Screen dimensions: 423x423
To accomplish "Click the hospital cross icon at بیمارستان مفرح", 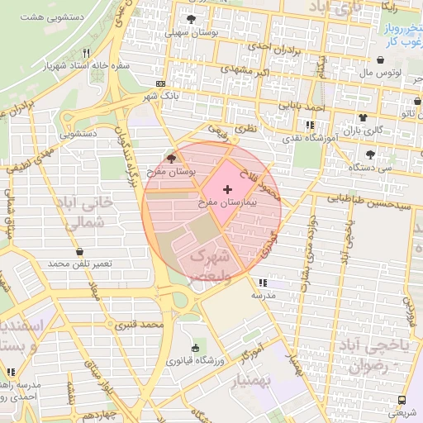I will (x=228, y=190).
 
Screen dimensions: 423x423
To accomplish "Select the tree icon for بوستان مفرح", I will (x=171, y=158).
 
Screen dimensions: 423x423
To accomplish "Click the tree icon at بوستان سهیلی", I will (x=192, y=19).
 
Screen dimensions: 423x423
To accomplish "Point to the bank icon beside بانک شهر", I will (x=159, y=84).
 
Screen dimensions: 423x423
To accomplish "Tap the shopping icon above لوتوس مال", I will (x=379, y=60).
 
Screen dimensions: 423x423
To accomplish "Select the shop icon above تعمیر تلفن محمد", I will (x=79, y=251).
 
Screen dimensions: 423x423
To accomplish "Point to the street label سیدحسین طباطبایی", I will (x=367, y=198).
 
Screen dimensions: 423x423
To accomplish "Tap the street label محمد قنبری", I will (x=137, y=324).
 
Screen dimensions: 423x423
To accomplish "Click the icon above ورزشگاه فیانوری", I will (x=195, y=348).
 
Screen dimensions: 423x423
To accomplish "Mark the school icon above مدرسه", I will (x=263, y=283).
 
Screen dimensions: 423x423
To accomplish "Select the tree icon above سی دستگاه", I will (x=369, y=154).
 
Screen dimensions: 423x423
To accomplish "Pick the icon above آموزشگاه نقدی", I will (x=310, y=126).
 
